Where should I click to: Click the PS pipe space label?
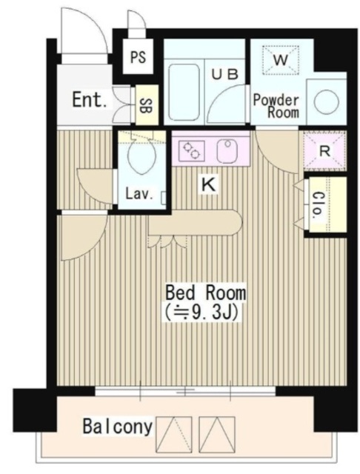click(x=138, y=57)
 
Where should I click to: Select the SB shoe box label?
click(x=146, y=105)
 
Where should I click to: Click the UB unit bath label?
click(x=225, y=74)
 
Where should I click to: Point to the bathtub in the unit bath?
click(x=184, y=92)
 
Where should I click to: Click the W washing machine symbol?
click(x=281, y=60)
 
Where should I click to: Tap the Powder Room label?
click(x=276, y=106)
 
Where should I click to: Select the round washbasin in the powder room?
click(x=326, y=102)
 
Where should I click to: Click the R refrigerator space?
click(x=325, y=150)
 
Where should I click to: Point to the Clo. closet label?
click(x=318, y=205)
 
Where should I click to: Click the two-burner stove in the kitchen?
click(x=192, y=150)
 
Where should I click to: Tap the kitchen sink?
click(x=227, y=150)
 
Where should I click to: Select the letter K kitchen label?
click(x=209, y=184)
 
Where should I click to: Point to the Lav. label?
click(x=139, y=194)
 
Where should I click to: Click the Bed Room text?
click(x=206, y=293)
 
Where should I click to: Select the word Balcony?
click(x=118, y=427)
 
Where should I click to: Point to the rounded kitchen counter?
click(x=196, y=222)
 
